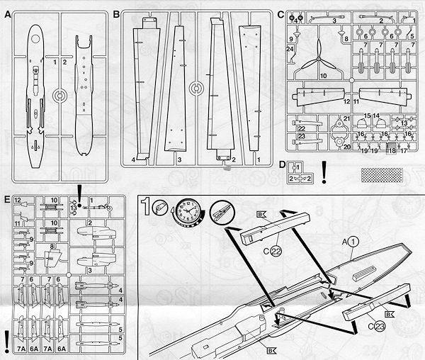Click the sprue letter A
(x=7, y=14)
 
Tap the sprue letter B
(x=116, y=14)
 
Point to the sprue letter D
(x=283, y=168)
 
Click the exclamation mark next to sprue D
(x=324, y=171)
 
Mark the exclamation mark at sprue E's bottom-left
(x=7, y=339)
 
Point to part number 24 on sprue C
(x=290, y=48)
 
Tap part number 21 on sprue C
(x=347, y=118)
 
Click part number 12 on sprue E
(x=17, y=200)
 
